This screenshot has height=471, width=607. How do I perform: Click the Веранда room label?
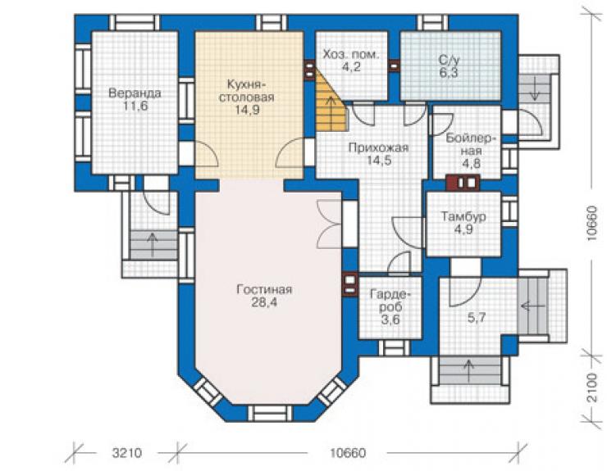click(x=135, y=93)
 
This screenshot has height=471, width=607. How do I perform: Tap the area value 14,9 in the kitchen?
click(x=247, y=111)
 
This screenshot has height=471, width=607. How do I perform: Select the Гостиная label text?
click(x=264, y=290)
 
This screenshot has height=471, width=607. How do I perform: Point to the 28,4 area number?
click(x=264, y=302)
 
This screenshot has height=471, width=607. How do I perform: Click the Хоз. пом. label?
click(x=351, y=55)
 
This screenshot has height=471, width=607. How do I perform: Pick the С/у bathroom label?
click(x=449, y=60)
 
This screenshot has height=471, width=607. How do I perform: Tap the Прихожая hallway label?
click(x=378, y=147)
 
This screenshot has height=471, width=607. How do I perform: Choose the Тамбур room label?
click(x=463, y=216)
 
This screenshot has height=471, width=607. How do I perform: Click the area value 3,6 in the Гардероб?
click(x=390, y=319)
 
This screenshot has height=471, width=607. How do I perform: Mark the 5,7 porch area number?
click(x=477, y=318)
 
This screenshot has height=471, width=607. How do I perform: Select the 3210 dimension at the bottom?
click(x=127, y=453)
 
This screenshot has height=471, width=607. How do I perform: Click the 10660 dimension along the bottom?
click(x=347, y=453)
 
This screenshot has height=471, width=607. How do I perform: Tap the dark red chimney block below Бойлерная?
click(x=463, y=183)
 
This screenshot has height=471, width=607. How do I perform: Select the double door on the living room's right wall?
click(x=330, y=224)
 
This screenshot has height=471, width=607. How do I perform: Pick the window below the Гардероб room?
click(x=394, y=348)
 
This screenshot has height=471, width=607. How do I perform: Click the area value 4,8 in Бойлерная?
click(x=471, y=164)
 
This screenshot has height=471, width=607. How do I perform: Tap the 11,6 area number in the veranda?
click(x=135, y=106)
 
